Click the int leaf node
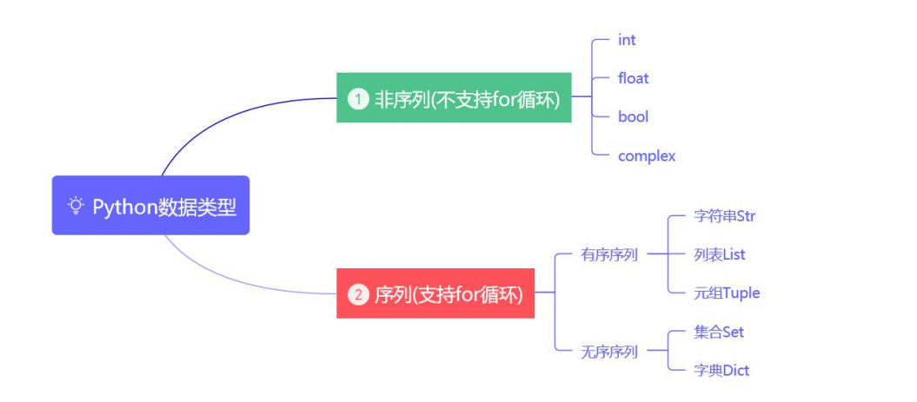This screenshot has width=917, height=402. click(x=627, y=40)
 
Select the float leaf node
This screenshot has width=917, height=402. click(x=633, y=78)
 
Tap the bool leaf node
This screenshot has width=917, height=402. click(x=633, y=116)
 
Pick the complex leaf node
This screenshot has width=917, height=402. click(x=646, y=156)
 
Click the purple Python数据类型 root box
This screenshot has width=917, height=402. click(x=150, y=206)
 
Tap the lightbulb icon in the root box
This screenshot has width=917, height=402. click(x=76, y=206)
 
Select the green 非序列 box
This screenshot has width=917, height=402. click(x=454, y=98)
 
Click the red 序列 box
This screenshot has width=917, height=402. click(x=435, y=294)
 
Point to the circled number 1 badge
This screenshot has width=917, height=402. click(x=357, y=99)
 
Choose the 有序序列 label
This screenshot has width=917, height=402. click(x=608, y=254)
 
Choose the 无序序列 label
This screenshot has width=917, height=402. click(x=608, y=352)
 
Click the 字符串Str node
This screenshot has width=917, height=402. click(x=724, y=216)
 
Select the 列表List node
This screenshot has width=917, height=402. click(x=720, y=254)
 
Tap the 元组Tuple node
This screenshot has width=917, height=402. click(x=727, y=293)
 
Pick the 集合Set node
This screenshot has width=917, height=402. click(x=719, y=332)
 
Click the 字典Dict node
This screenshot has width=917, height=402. click(x=721, y=370)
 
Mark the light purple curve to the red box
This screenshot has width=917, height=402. click(x=226, y=278)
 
